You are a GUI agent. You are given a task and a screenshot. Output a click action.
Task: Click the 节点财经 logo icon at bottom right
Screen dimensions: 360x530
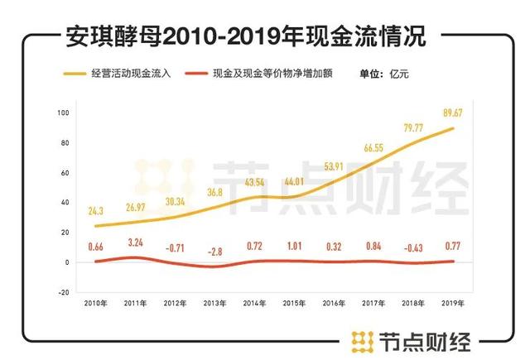(x=362, y=339)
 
